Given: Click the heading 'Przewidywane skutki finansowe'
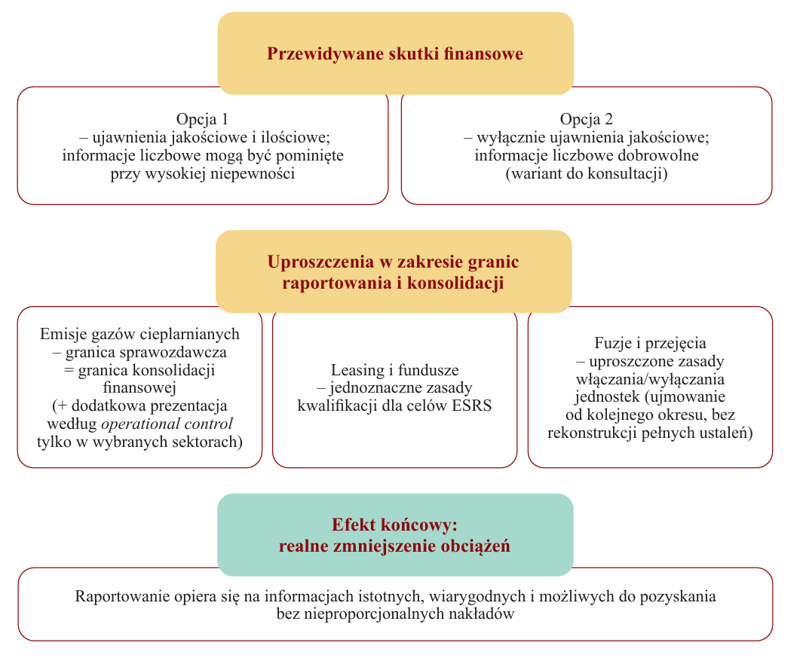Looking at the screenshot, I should [x=395, y=54].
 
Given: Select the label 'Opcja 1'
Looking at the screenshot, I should [x=202, y=120].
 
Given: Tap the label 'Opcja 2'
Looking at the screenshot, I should [x=587, y=120].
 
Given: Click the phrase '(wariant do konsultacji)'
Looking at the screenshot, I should [x=587, y=173].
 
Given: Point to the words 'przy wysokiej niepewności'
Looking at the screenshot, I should [x=202, y=173].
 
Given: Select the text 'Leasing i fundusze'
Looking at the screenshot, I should [x=395, y=370].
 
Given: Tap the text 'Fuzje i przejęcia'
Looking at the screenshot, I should [x=650, y=344].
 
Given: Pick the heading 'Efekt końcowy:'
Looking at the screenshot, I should [x=395, y=525].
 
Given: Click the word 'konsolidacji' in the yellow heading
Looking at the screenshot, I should [x=460, y=283].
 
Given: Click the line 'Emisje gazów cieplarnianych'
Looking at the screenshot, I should [x=139, y=334].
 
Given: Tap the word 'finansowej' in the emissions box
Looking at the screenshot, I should [x=139, y=388].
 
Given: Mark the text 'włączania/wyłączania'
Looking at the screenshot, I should [x=650, y=379].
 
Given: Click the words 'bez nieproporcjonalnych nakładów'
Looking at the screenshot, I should [x=395, y=614].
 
